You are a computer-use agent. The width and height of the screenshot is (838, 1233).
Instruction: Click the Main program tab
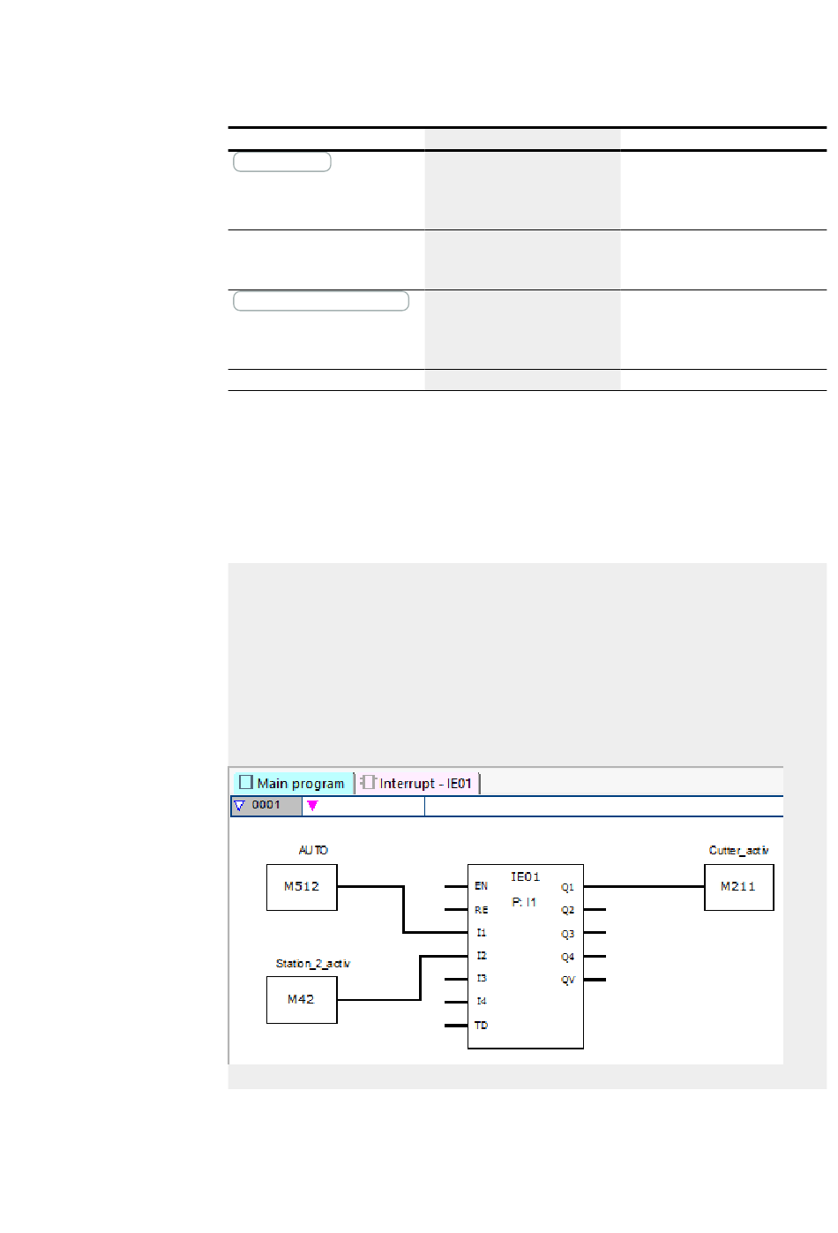point(293,783)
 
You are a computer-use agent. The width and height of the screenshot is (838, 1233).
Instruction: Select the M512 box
point(302,887)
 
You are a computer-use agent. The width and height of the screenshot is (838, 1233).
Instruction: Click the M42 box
point(302,1000)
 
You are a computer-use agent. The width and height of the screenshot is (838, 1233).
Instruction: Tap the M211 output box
point(738,887)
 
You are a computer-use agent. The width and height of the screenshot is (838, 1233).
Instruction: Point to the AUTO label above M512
point(313,850)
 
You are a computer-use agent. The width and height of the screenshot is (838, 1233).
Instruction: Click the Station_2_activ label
point(313,964)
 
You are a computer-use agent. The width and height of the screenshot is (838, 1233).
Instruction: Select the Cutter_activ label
point(739,850)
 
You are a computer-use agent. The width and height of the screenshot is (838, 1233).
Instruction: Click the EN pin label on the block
point(481,886)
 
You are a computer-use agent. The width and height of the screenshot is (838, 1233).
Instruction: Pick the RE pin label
point(481,910)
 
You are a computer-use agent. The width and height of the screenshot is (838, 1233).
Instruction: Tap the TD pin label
point(481,1026)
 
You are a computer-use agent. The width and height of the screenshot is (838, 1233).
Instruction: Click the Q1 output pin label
point(567,887)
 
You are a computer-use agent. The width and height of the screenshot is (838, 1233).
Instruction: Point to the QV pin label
point(567,981)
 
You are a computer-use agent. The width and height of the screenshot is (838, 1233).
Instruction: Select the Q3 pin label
point(567,934)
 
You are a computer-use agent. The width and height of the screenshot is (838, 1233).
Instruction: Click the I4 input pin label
point(481,1002)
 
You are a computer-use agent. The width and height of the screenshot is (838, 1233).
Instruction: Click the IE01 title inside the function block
point(525,876)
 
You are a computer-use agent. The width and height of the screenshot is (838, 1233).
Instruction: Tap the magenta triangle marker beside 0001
point(312,806)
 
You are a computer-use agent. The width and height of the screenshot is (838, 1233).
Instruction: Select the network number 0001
point(266,805)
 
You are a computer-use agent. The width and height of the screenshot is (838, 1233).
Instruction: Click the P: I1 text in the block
point(524,902)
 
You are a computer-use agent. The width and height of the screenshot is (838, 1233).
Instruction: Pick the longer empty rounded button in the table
point(321,301)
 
